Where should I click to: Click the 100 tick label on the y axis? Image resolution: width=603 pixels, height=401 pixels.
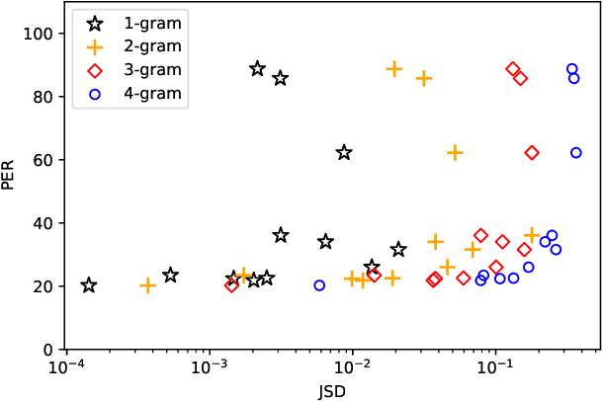pos(39,34)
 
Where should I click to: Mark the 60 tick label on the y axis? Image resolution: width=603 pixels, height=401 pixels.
pos(43,160)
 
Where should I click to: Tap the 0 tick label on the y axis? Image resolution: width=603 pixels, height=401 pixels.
pos(46,350)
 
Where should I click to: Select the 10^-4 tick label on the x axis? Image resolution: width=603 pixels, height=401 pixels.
pos(66,368)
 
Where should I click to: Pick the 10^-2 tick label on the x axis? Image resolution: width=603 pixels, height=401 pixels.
pos(351,368)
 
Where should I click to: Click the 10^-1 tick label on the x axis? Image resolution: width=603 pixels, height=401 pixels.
pos(494,368)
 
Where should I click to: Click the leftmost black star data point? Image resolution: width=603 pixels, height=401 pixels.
pos(89,285)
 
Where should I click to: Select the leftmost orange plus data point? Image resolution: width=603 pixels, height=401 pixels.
pos(148,285)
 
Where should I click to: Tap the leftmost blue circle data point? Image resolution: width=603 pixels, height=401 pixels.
pos(319,285)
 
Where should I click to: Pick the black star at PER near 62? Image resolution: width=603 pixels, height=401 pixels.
pos(344,152)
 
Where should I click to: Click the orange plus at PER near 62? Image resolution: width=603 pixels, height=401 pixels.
pos(455,153)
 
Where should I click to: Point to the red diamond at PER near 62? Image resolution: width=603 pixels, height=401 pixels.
pos(532,153)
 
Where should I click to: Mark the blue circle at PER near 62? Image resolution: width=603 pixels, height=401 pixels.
pos(576,153)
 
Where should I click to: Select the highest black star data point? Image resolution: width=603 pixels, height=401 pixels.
pos(258,69)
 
